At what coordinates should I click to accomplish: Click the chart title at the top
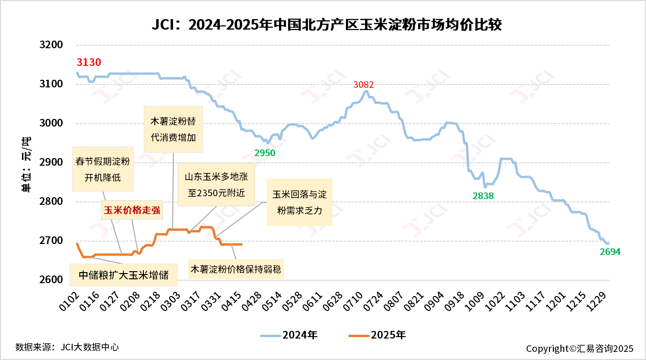pos(326,24)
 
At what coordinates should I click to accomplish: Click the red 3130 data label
pos(89,63)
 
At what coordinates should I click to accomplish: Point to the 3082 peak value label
pos(364,85)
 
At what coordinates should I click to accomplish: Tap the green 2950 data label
pos(265,153)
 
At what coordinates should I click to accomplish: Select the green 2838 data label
pos(483,196)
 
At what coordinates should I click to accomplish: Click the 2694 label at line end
pos(610,252)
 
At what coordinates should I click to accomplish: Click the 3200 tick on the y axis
pos(51,45)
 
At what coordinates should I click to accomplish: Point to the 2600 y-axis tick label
pos(51,280)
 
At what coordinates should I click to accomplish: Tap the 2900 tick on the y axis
pos(51,162)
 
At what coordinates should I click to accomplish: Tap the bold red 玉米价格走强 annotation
pos(132,210)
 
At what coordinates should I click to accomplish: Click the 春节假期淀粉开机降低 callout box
pos(103,169)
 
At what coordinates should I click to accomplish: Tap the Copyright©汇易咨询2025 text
pos(580,349)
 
